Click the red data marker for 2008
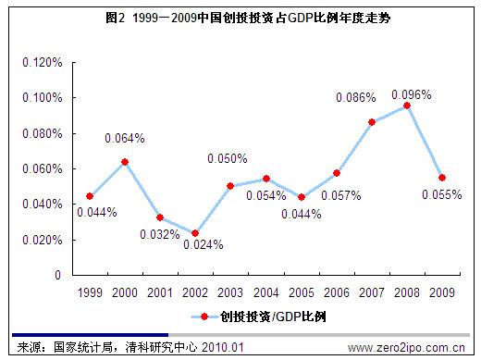pyautogui.click(x=407, y=106)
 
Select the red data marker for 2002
pyautogui.click(x=195, y=233)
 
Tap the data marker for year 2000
pyautogui.click(x=125, y=162)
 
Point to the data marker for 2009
pyautogui.click(x=442, y=178)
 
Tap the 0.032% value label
pyautogui.click(x=160, y=234)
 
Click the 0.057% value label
pyautogui.click(x=340, y=195)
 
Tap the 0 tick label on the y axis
pyautogui.click(x=57, y=275)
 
